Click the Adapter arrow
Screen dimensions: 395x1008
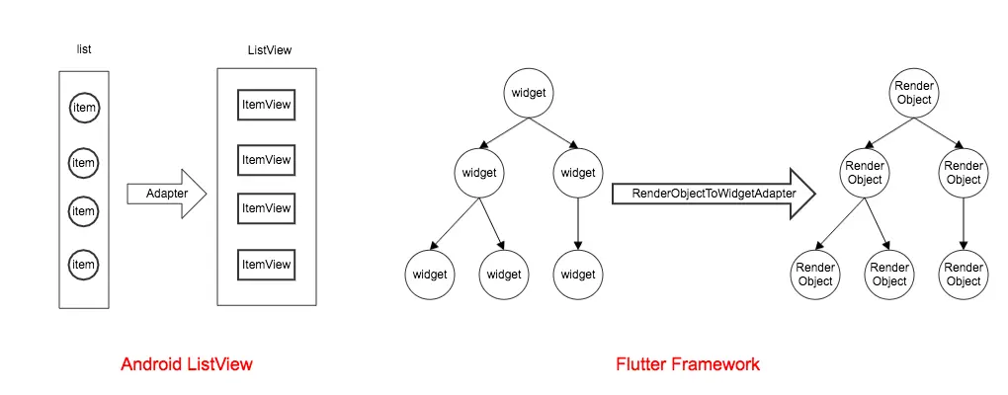click(x=166, y=194)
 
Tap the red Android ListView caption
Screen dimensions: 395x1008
click(x=187, y=364)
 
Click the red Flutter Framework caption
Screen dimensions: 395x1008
click(x=688, y=364)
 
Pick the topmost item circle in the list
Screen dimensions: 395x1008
click(x=84, y=108)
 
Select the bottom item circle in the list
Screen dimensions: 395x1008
click(x=84, y=265)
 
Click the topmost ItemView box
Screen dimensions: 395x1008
click(x=267, y=106)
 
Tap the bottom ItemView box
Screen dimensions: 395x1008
click(x=267, y=265)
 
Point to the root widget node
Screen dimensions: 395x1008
click(x=529, y=93)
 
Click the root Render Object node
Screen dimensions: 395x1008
click(x=914, y=93)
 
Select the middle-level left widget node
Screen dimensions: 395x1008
click(x=479, y=173)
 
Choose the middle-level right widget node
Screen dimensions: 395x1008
click(x=578, y=173)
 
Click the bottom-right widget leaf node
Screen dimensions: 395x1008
click(x=578, y=274)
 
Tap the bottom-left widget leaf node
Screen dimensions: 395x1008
click(x=430, y=274)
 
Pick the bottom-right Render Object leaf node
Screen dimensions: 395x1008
click(x=964, y=274)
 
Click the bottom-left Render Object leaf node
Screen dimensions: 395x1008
click(x=815, y=274)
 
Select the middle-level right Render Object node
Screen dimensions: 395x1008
click(x=964, y=173)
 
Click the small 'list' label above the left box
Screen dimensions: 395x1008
click(x=84, y=48)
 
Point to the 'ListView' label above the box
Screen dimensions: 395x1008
click(x=269, y=49)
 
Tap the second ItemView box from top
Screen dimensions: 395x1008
click(x=267, y=160)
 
